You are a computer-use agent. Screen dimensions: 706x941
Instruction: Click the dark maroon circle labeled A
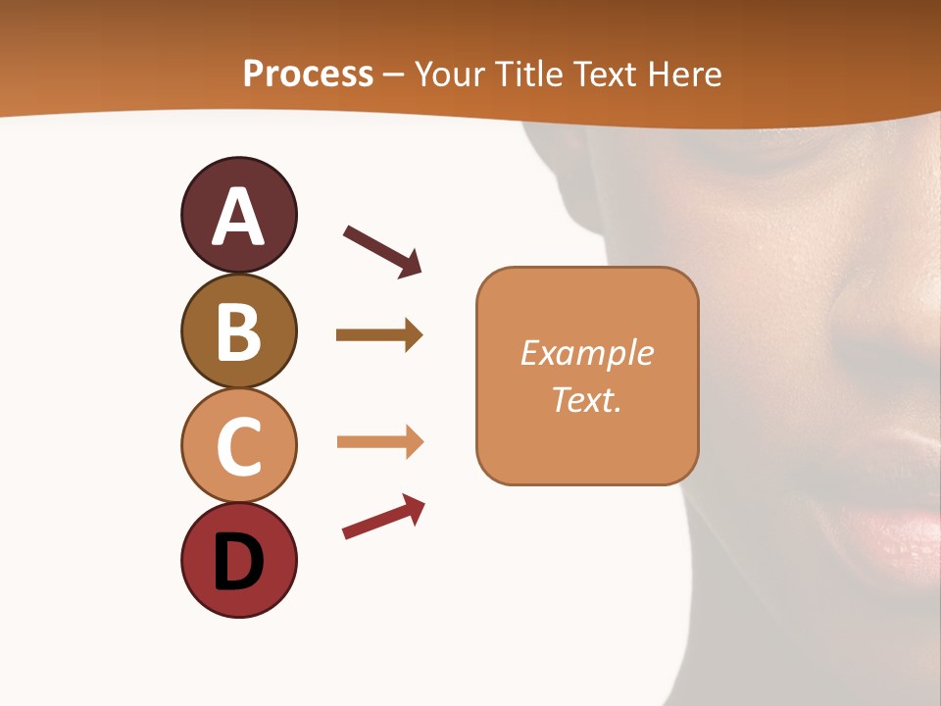238,215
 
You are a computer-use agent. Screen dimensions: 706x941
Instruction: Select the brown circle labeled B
238,331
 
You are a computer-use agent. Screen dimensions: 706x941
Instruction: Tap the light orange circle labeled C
238,446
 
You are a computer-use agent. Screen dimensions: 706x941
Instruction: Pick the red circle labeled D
238,561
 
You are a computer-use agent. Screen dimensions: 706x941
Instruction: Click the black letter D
238,562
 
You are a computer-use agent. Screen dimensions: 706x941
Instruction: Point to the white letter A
238,217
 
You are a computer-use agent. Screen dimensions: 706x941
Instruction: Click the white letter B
238,332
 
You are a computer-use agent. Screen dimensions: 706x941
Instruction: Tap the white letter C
238,447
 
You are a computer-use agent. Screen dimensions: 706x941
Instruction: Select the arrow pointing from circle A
382,250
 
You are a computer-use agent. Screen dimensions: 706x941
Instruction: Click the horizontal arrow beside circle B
378,335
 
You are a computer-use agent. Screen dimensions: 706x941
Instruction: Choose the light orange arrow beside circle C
379,442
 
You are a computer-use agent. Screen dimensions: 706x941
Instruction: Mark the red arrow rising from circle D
383,517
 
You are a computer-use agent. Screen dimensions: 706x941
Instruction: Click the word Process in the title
308,74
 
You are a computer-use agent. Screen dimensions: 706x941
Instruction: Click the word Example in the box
586,353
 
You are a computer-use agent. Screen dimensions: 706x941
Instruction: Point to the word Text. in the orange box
586,399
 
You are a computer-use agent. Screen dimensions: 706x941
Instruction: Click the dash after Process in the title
394,76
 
